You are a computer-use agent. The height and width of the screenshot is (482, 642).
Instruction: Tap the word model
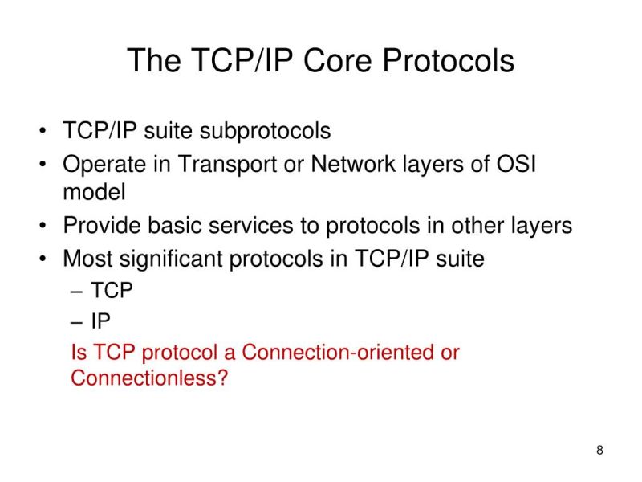[94, 193]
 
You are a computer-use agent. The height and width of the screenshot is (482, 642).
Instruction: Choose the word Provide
[102, 226]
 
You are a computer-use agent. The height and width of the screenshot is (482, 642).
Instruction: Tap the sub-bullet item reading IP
[100, 321]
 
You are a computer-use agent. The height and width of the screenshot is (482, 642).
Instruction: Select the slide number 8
[599, 449]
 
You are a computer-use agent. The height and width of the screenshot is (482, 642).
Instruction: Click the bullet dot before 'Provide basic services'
[41, 227]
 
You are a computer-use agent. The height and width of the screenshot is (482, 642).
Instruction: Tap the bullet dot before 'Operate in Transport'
[41, 165]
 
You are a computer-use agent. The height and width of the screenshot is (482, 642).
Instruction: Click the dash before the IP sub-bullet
[77, 322]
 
